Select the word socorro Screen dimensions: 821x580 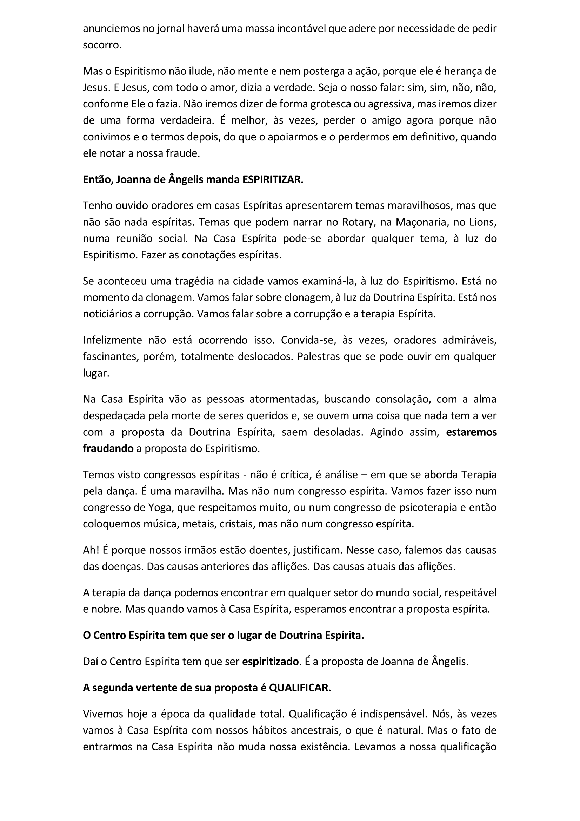pyautogui.click(x=102, y=45)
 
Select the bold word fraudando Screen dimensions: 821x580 pyautogui.click(x=108, y=448)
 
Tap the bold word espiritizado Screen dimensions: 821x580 pyautogui.click(x=270, y=662)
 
